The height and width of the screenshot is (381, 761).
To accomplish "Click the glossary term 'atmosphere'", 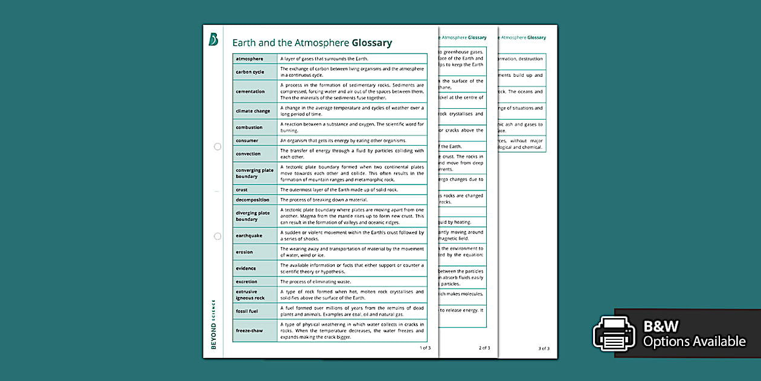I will point(249,59).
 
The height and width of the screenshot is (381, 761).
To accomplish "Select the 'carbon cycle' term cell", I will point(250,72).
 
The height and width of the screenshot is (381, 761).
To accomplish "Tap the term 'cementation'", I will point(251,91).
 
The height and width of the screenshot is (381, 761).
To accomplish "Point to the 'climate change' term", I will point(253,111).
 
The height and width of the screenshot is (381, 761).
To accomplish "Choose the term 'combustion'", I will point(249,128).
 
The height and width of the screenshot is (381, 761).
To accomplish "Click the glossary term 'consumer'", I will point(247,141).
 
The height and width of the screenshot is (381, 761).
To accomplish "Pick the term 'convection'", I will point(248,154).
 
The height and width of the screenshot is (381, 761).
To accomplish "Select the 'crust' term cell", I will point(242,190).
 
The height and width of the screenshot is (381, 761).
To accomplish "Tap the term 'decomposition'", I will point(252,200).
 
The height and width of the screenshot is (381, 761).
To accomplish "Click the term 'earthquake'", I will point(249,236).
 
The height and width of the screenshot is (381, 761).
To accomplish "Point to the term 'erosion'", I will point(245,252).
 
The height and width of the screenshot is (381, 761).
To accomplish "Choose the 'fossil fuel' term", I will point(247,311).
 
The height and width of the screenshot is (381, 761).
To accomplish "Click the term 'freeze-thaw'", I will point(249,331).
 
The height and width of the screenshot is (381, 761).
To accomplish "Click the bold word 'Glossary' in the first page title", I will point(372,43).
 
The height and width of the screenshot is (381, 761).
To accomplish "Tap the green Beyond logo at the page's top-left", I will point(213,39).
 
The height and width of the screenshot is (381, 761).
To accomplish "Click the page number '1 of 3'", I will point(425,348).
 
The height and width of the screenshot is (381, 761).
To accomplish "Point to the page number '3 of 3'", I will point(544,348).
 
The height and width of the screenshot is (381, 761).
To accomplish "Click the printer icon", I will point(614,333).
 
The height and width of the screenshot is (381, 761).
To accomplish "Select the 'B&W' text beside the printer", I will point(661,327).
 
